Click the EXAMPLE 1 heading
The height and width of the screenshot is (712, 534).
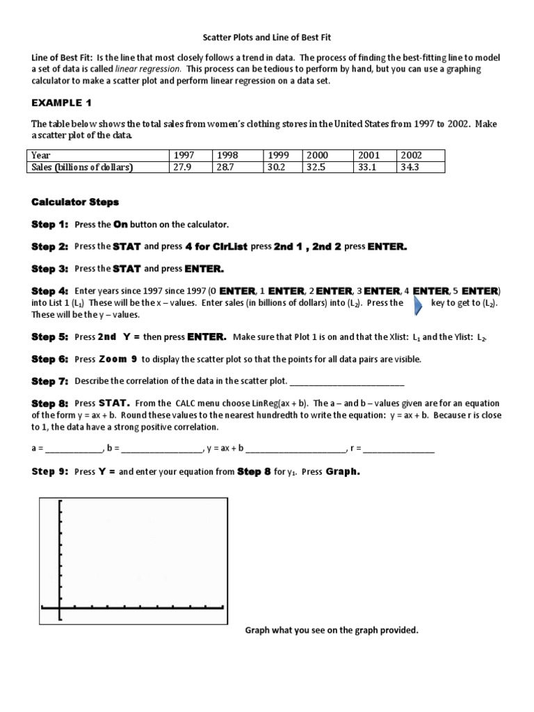tap(61, 103)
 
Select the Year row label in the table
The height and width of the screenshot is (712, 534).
tap(41, 156)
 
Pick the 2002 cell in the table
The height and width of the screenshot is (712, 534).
tap(410, 156)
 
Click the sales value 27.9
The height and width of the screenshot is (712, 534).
tap(179, 168)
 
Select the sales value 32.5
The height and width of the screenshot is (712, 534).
tap(317, 168)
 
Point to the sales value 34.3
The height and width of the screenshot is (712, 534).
tap(409, 168)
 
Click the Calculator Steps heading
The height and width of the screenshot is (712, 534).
tap(75, 202)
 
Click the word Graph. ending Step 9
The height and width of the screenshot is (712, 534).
tap(343, 471)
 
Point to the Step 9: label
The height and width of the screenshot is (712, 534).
tap(50, 471)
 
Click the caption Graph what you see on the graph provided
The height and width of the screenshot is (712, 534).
tap(331, 631)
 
